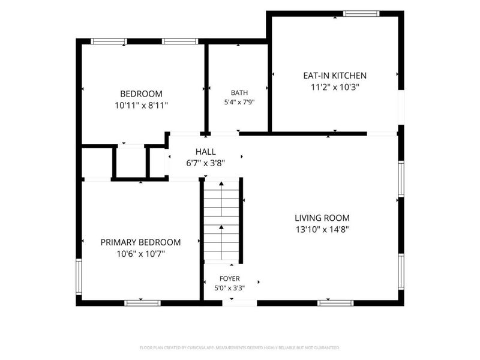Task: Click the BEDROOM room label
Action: [x=141, y=94]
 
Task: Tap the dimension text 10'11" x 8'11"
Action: [x=142, y=106]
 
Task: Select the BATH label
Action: [x=239, y=93]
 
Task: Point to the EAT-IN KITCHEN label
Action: [x=335, y=76]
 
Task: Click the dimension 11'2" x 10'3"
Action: [x=335, y=87]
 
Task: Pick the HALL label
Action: [x=205, y=152]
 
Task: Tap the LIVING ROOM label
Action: [x=322, y=218]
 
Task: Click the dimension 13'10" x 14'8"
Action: [x=322, y=229]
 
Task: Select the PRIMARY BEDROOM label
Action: [x=140, y=242]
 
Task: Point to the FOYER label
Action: [x=230, y=278]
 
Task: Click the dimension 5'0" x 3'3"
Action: [x=230, y=288]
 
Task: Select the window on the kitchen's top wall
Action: [x=361, y=13]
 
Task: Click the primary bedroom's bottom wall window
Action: [x=142, y=303]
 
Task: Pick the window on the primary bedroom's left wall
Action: [x=79, y=277]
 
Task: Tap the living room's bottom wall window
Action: [x=335, y=303]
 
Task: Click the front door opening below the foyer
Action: [x=239, y=303]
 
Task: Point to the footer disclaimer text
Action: [x=239, y=348]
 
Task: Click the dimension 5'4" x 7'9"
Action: [x=239, y=102]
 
